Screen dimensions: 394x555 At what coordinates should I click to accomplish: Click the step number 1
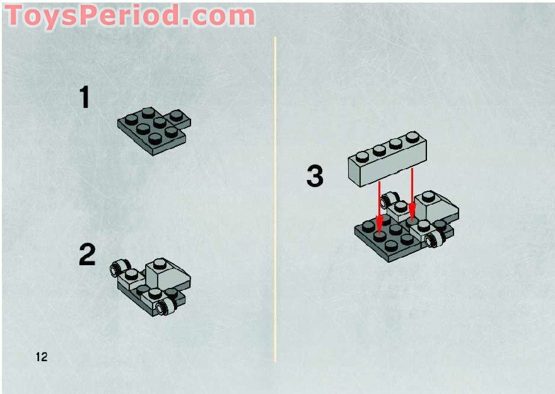point(85,98)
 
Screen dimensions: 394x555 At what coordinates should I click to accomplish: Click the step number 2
point(87,255)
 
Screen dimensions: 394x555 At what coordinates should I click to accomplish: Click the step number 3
point(315,176)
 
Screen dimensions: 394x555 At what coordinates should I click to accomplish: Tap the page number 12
point(42,357)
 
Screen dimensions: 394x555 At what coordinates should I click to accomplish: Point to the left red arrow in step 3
point(380,206)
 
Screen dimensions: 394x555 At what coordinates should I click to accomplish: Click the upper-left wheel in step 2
point(117,270)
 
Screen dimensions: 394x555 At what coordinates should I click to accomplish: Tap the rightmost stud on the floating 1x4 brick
point(413,136)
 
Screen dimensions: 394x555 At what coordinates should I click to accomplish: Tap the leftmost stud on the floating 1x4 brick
point(362,155)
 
